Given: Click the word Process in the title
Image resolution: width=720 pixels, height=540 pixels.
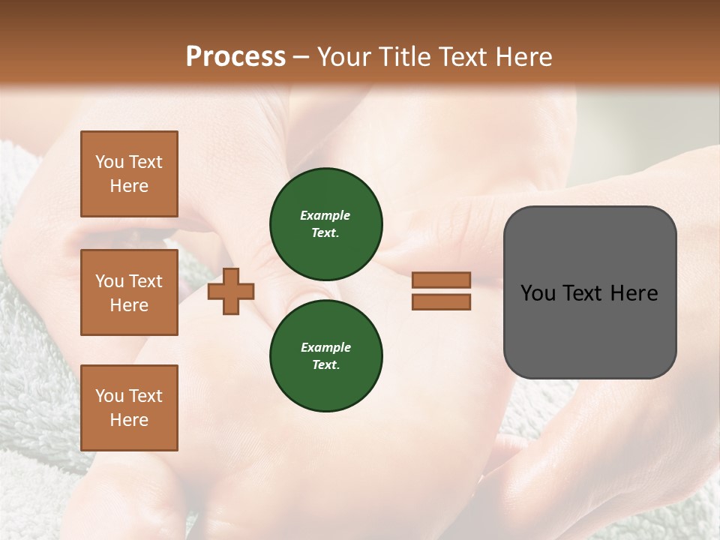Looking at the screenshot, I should coord(235,57).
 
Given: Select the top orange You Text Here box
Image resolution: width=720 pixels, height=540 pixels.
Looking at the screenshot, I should coord(129,174).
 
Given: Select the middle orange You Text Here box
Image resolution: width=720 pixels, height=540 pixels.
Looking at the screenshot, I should coord(129,292).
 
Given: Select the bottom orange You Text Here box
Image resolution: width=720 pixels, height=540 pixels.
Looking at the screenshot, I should coord(129,407).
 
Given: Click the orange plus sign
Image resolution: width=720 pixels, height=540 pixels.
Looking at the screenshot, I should coord(231,292).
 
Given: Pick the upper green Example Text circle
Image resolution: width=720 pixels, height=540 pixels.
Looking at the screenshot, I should coord(326,224).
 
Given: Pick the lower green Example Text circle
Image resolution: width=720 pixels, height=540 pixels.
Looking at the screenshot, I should coord(326,356).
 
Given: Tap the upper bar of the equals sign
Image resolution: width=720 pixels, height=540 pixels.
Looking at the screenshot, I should coord(441,280).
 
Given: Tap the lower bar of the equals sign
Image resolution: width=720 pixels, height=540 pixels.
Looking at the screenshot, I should coord(441,302).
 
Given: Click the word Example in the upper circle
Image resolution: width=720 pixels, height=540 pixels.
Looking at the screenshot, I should coord(325,215).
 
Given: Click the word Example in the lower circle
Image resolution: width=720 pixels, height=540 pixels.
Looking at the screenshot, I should coord(325,347).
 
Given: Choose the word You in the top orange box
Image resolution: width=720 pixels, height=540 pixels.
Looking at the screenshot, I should coord(109,162).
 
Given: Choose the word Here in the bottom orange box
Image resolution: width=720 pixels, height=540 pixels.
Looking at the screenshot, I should coord(129,420).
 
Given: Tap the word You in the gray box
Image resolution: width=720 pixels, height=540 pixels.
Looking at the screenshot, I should coord(538,293).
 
